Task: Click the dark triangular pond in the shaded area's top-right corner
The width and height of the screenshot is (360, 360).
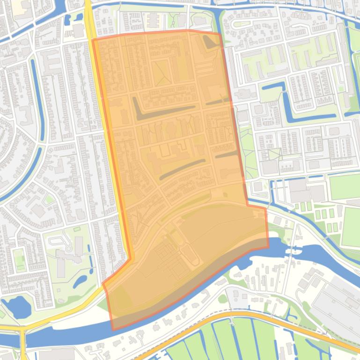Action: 211,43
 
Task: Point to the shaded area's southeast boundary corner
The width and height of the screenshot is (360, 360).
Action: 269,247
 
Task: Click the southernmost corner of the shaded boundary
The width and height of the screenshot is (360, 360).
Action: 113,330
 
